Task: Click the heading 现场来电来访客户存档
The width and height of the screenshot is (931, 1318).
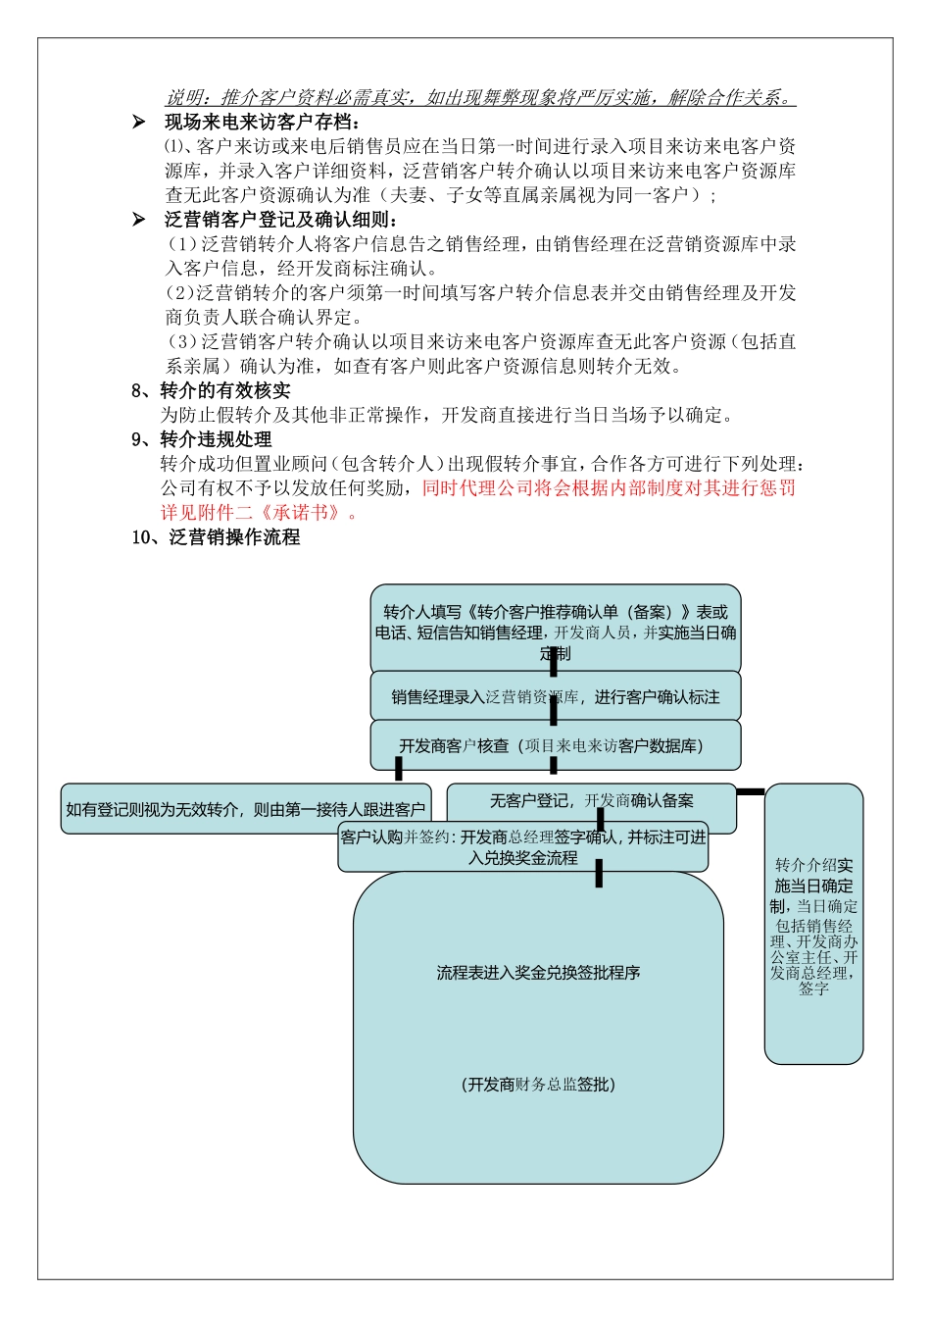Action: point(263,123)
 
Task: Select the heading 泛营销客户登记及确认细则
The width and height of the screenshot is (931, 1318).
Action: point(282,220)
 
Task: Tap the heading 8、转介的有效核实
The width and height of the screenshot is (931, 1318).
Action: point(211,391)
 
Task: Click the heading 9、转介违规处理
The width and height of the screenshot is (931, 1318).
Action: point(202,439)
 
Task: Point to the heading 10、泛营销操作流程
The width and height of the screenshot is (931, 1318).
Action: point(216,537)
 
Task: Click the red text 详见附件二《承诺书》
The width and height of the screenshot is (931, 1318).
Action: point(259,512)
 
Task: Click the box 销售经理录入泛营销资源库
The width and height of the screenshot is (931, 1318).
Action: point(555,697)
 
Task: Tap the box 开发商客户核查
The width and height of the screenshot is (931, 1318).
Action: point(555,746)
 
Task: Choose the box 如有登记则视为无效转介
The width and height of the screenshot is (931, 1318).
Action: point(245,809)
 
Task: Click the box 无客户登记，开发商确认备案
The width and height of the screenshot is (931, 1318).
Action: point(591,801)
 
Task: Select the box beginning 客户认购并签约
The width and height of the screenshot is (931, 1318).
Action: point(522,847)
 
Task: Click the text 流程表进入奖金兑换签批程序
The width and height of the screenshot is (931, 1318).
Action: point(538,973)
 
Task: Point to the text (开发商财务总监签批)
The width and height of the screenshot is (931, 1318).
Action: point(538,1085)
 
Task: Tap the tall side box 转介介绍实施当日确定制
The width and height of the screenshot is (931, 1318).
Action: point(813,923)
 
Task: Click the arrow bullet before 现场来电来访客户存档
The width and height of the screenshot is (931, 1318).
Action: point(139,123)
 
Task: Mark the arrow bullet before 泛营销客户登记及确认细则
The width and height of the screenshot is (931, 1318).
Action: point(139,220)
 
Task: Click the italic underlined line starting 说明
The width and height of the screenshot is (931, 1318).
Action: point(480,98)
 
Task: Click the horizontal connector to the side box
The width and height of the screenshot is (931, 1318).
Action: point(751,791)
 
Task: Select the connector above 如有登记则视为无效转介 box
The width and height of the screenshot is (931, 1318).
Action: point(399,769)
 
